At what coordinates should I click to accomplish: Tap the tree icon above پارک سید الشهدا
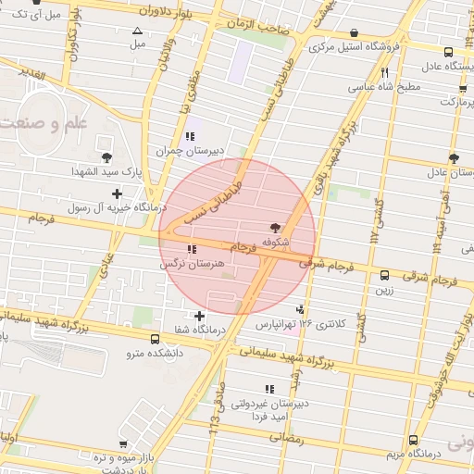point(108,156)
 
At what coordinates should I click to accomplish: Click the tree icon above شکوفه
point(274,227)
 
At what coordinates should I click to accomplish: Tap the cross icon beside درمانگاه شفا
point(200,316)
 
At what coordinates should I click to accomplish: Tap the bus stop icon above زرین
point(384,274)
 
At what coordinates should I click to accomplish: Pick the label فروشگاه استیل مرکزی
point(355,45)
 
